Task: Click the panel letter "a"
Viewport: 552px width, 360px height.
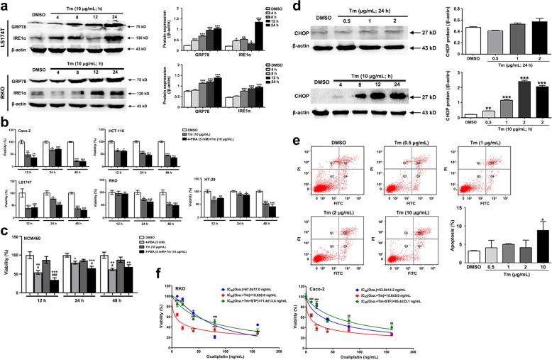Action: click(6, 6)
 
